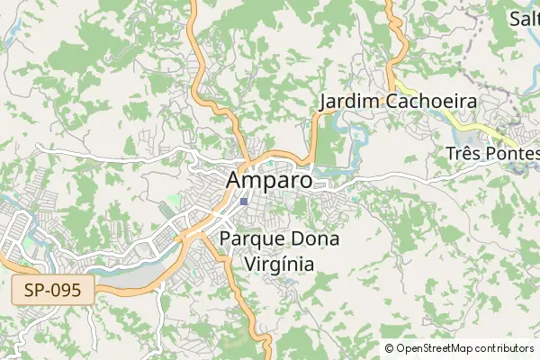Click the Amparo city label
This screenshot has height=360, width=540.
(x=269, y=179)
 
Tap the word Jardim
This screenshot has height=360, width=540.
(x=350, y=101)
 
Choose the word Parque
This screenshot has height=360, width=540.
(x=251, y=239)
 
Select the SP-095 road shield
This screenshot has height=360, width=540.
(x=53, y=291)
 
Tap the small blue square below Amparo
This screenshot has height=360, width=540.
(x=244, y=202)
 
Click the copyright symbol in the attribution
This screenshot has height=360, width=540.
(x=389, y=348)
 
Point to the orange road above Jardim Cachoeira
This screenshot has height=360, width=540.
(x=392, y=36)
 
